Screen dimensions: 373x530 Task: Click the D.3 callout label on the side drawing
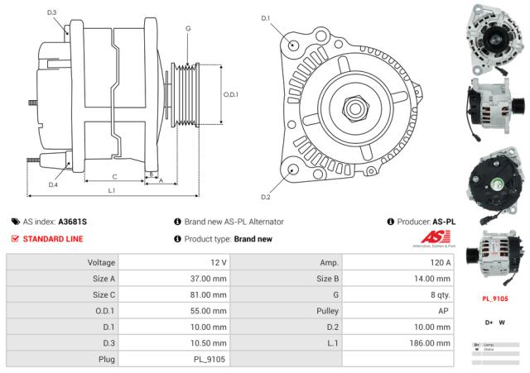coord(51,12)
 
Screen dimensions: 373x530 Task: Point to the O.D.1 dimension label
coord(231,94)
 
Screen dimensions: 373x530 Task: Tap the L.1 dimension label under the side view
coord(111,190)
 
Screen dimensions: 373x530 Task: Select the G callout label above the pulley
coord(189,29)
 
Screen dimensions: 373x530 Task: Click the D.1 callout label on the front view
coord(266,17)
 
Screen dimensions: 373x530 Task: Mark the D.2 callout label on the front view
coord(266,197)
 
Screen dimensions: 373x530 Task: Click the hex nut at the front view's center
coord(354,108)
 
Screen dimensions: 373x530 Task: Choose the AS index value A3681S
coord(72,222)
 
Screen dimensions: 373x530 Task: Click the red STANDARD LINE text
coord(53,239)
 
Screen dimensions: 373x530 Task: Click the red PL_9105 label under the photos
coord(495,299)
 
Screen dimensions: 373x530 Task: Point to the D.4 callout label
coord(53,184)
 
